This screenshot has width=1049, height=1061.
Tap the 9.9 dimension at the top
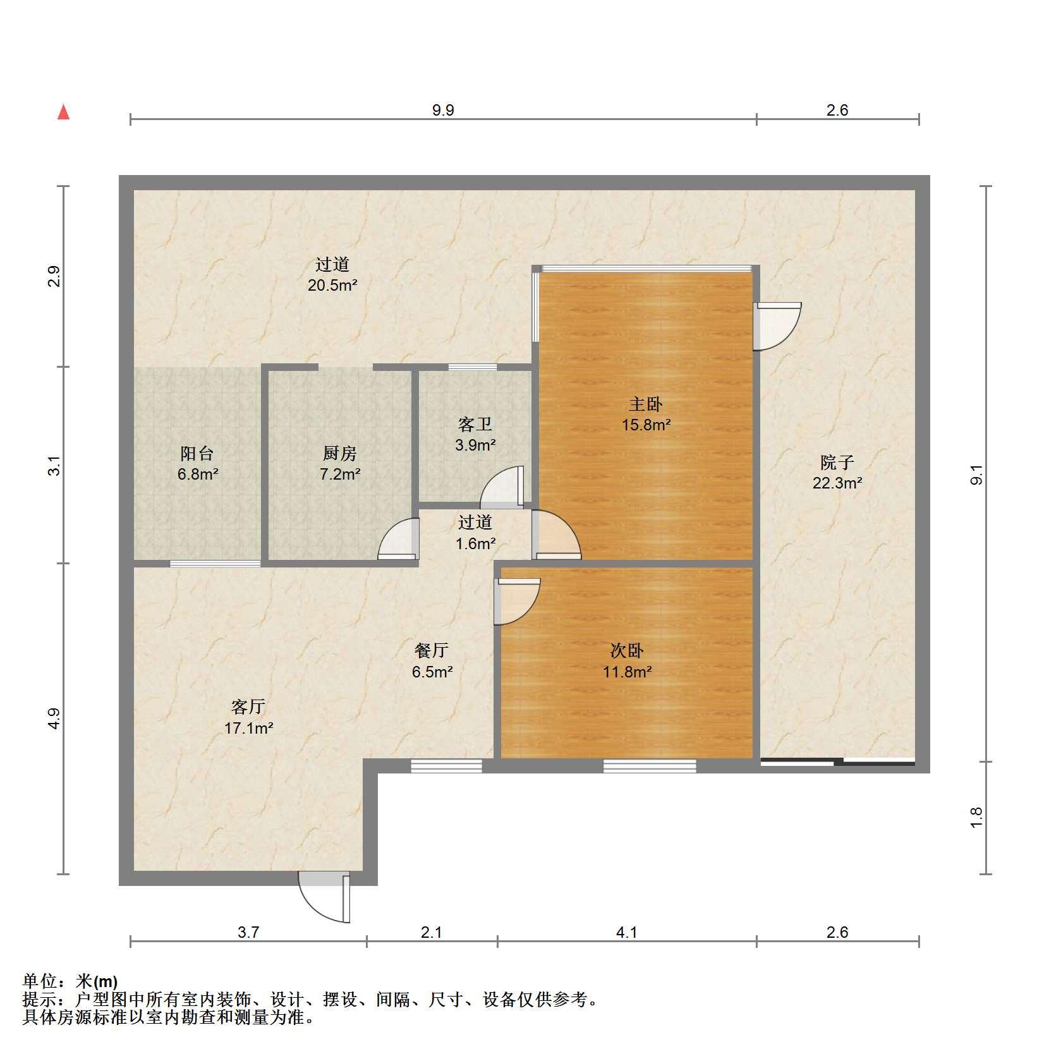[x=443, y=110]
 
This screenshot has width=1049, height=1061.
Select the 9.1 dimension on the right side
[x=976, y=474]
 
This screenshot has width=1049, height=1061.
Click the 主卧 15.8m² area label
[x=645, y=414]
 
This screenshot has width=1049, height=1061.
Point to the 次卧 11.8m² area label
[x=627, y=660]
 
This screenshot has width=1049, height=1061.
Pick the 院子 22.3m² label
[x=837, y=472]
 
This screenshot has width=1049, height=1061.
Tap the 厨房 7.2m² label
[x=340, y=463]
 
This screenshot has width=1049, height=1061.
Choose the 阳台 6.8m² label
[x=198, y=463]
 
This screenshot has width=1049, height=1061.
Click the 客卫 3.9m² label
[x=475, y=434]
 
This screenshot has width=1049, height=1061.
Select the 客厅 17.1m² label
[x=248, y=717]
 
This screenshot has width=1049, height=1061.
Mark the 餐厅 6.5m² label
[x=432, y=660]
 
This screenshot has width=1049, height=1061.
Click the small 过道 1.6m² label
[x=475, y=532]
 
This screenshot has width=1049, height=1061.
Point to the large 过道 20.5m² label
[x=332, y=274]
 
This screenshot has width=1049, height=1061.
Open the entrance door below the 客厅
[x=325, y=896]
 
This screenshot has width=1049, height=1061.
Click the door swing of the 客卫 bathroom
[x=502, y=487]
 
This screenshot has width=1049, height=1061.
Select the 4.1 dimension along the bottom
[x=626, y=932]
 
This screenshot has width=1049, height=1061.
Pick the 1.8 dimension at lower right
[x=976, y=818]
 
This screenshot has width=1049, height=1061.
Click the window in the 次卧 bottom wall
[x=650, y=766]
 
